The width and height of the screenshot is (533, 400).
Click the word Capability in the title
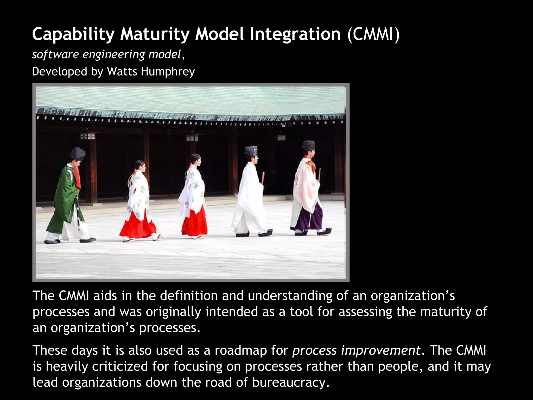click(x=73, y=34)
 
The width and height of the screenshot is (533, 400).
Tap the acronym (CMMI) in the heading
click(x=373, y=34)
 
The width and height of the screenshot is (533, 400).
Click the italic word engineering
click(x=114, y=54)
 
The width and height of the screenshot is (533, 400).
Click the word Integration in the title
click(x=295, y=34)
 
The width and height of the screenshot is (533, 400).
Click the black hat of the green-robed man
click(x=78, y=154)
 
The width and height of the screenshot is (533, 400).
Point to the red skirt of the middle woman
click(x=195, y=221)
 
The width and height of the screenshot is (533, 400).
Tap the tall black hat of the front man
click(x=309, y=145)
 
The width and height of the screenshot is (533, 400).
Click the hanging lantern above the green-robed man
click(x=88, y=136)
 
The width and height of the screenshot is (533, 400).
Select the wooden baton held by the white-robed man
click(x=263, y=177)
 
